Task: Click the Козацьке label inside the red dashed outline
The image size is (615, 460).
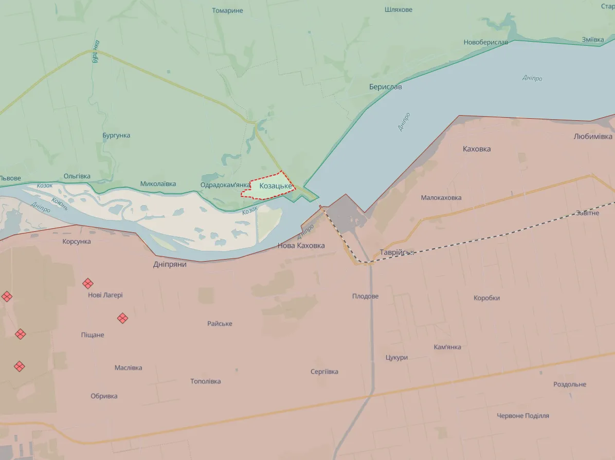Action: pyautogui.click(x=276, y=186)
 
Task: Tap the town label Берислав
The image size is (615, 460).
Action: pyautogui.click(x=385, y=87)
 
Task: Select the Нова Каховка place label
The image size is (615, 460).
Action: pyautogui.click(x=301, y=246)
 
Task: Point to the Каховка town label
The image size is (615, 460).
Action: pyautogui.click(x=476, y=149)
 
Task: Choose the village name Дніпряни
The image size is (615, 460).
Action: pyautogui.click(x=170, y=264)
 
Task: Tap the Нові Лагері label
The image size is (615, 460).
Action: pyautogui.click(x=105, y=295)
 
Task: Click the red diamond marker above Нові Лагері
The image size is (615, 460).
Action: pyautogui.click(x=88, y=283)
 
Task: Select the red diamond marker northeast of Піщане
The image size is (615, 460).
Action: pyautogui.click(x=122, y=318)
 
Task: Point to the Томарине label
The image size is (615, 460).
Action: pyautogui.click(x=227, y=10)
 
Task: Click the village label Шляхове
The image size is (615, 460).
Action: pyautogui.click(x=398, y=9)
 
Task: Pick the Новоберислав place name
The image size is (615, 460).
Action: pyautogui.click(x=485, y=42)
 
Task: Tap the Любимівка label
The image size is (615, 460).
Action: pyautogui.click(x=593, y=137)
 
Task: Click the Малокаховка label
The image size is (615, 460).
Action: pyautogui.click(x=441, y=197)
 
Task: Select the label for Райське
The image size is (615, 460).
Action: pyautogui.click(x=220, y=323)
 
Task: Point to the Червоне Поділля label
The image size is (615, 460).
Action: pyautogui.click(x=522, y=415)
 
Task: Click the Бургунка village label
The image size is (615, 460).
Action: pyautogui.click(x=116, y=135)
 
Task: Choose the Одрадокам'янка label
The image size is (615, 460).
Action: pyautogui.click(x=225, y=185)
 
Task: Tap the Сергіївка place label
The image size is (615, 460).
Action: pyautogui.click(x=324, y=372)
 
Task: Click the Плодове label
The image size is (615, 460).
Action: pyautogui.click(x=365, y=296)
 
